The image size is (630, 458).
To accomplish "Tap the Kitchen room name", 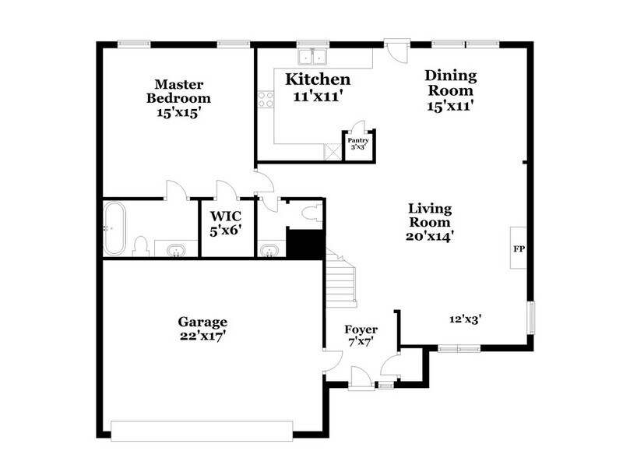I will (x=317, y=79).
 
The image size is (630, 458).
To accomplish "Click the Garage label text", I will (x=202, y=321).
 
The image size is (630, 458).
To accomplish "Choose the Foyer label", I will (x=361, y=329).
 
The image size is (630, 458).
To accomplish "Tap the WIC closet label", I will (x=227, y=216).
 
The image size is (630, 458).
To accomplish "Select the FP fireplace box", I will (x=519, y=248).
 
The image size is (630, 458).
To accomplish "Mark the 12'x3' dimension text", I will (x=466, y=318).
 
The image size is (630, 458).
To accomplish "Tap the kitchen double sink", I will (x=314, y=56).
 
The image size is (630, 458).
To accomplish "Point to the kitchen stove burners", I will (x=266, y=99).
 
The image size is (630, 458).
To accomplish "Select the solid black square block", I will (x=305, y=244).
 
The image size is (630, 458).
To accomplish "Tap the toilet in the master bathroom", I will (x=141, y=247).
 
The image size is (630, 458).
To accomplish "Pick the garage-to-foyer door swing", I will (x=333, y=361).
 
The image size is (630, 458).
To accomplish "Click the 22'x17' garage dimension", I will (x=202, y=336).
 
